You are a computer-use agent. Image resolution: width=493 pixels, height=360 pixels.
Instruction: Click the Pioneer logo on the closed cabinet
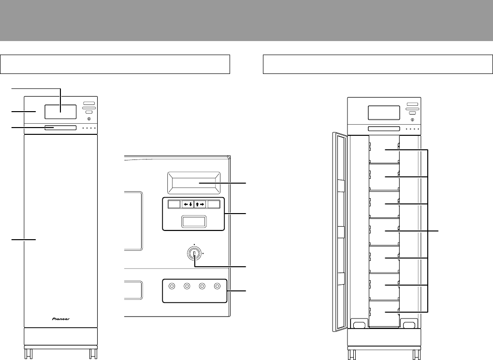tap(61, 319)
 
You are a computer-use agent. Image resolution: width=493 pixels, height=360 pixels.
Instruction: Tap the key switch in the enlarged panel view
tap(194, 253)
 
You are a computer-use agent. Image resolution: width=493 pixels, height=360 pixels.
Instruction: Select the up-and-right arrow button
tap(200, 204)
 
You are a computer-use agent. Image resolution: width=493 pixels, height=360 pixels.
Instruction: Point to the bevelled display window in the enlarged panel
tap(194, 183)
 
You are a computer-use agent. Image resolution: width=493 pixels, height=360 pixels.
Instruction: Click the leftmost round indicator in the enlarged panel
tap(172, 286)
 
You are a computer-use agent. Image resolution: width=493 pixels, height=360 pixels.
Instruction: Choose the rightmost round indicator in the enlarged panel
tap(217, 286)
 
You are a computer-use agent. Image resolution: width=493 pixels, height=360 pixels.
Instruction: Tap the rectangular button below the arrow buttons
tap(194, 221)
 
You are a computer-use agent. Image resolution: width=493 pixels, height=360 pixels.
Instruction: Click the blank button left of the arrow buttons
tap(174, 204)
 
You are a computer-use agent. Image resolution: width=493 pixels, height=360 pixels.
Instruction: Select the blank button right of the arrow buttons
tap(214, 204)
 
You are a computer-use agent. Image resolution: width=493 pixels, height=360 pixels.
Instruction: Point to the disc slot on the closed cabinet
tap(60, 128)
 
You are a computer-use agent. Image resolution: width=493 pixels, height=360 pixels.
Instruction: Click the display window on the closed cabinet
tap(60, 112)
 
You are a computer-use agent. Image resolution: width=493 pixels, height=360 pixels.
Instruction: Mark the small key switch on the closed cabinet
tap(89, 119)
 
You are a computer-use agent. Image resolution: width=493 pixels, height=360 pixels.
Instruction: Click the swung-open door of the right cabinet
tap(340, 232)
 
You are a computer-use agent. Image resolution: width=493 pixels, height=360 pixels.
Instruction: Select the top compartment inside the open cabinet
tap(384, 149)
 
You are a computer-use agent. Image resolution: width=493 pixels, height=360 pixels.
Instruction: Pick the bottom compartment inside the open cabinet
tap(384, 313)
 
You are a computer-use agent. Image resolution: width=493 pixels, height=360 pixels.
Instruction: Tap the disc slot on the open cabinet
tap(384, 129)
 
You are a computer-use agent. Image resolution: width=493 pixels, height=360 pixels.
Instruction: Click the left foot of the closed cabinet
tap(29, 353)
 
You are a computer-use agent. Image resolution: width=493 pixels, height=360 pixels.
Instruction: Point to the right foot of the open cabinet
tap(417, 354)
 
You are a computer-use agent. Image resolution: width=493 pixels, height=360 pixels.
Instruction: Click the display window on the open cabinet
tap(384, 113)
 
